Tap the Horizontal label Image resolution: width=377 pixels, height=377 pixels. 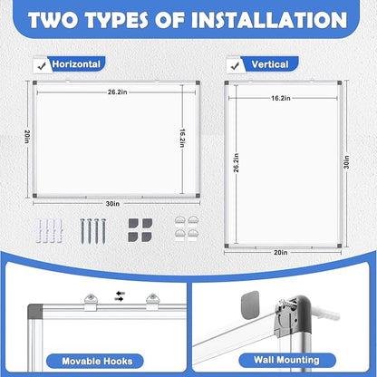[x=77, y=64]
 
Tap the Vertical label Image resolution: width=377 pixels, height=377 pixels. [x=270, y=64]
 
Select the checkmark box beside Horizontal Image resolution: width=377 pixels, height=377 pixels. [x=40, y=64]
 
